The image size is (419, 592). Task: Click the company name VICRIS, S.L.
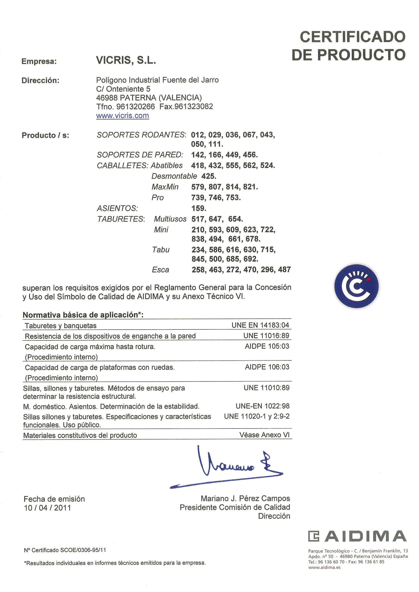pyautogui.click(x=126, y=60)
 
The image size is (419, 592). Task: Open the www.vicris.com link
pyautogui.click(x=123, y=116)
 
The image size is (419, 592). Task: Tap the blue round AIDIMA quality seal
pyautogui.click(x=356, y=286)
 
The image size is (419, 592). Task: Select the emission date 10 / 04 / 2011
pyautogui.click(x=47, y=508)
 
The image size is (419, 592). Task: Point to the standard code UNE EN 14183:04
pyautogui.click(x=260, y=325)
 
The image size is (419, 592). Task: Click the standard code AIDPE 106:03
pyautogui.click(x=267, y=367)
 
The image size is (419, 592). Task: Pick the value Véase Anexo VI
pyautogui.click(x=264, y=435)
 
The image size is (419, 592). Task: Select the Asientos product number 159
pyautogui.click(x=199, y=208)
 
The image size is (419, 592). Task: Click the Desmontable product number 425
pyautogui.click(x=209, y=176)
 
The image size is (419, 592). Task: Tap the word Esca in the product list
pyautogui.click(x=161, y=270)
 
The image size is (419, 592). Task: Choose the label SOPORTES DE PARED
pyautogui.click(x=140, y=155)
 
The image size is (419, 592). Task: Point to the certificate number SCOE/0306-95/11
pyautogui.click(x=83, y=550)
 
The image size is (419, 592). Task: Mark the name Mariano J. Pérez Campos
pyautogui.click(x=245, y=499)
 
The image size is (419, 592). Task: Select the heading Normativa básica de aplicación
pyautogui.click(x=83, y=315)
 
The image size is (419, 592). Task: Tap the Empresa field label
pyautogui.click(x=39, y=61)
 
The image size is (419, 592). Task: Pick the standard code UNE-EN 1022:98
pyautogui.click(x=262, y=406)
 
